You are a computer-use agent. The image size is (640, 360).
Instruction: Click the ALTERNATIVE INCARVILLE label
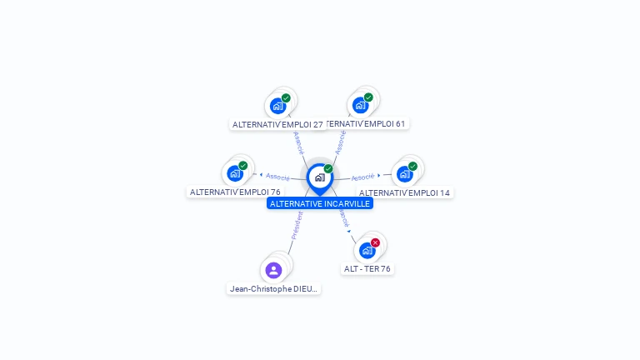click(320, 203)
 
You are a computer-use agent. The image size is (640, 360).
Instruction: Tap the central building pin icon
click(319, 177)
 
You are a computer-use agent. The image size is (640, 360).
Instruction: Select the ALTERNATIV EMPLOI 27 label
click(277, 124)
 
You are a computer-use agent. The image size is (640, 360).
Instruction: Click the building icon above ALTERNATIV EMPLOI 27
click(278, 106)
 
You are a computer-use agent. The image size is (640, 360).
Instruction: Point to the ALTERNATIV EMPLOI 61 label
click(367, 123)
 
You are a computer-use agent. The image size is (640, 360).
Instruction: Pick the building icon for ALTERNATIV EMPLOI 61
click(360, 105)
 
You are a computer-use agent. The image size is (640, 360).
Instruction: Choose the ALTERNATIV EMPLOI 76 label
click(235, 192)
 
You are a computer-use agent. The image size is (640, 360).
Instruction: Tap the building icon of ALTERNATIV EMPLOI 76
click(235, 173)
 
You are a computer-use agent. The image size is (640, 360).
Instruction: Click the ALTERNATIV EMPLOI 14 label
click(405, 192)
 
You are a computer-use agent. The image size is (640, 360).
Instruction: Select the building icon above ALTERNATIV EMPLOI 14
click(405, 174)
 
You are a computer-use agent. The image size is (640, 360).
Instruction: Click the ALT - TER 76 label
click(367, 268)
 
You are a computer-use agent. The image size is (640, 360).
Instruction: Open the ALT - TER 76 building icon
click(367, 250)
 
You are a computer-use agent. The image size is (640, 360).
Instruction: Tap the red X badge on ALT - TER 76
click(375, 242)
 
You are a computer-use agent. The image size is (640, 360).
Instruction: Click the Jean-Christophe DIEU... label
click(273, 288)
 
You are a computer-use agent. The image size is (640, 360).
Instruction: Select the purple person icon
click(273, 270)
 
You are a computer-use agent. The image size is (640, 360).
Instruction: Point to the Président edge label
click(297, 225)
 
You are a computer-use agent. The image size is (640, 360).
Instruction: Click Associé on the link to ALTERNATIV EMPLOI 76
click(277, 177)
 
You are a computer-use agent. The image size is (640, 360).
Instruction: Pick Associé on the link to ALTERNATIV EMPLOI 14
click(362, 177)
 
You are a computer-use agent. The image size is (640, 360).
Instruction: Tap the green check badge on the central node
click(328, 169)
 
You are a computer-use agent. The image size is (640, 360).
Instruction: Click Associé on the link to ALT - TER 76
click(342, 218)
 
